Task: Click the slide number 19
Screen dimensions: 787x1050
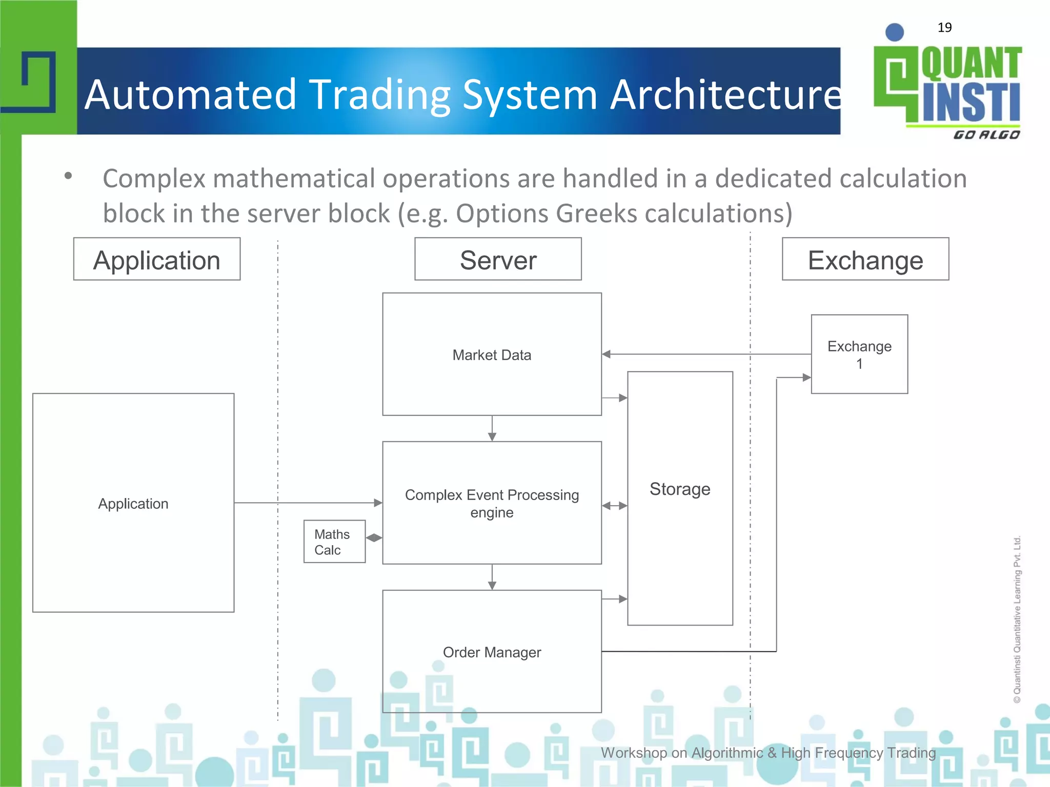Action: click(x=944, y=28)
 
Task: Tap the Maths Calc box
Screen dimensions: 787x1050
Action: click(x=334, y=542)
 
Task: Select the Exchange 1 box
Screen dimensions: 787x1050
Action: click(x=859, y=354)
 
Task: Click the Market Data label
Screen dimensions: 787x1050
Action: click(x=492, y=355)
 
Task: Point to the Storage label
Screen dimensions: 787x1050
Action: click(x=680, y=489)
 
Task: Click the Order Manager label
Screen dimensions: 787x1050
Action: click(x=492, y=652)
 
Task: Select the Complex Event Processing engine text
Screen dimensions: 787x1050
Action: click(x=492, y=503)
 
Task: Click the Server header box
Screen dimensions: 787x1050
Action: click(x=498, y=259)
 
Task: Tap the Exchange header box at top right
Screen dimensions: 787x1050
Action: click(x=865, y=259)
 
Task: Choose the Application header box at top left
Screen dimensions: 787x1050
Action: click(x=157, y=259)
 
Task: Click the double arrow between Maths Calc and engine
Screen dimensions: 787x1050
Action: click(x=374, y=537)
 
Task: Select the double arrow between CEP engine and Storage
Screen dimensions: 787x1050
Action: click(x=615, y=506)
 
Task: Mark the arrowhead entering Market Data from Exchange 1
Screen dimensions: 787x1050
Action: click(x=607, y=354)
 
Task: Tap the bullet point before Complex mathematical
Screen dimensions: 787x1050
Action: click(x=68, y=176)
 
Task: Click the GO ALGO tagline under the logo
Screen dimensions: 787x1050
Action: click(x=986, y=135)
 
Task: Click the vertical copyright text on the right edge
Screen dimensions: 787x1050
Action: click(x=1017, y=620)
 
